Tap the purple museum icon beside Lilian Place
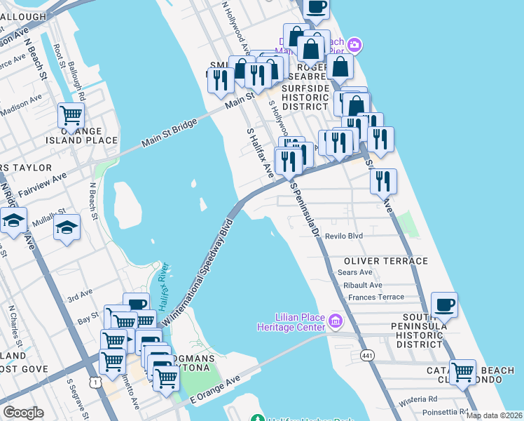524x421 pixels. [x=336, y=321]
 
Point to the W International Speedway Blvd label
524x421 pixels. [x=198, y=274]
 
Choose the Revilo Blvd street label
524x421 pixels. [x=343, y=236]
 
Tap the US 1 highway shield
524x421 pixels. [x=93, y=381]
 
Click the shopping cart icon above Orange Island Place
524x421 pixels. [x=71, y=113]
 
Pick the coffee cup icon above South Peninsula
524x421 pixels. [x=444, y=305]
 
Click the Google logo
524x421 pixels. [x=23, y=413]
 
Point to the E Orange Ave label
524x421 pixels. [x=216, y=389]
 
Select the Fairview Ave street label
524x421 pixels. [x=43, y=185]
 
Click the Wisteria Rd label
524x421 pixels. [x=420, y=402]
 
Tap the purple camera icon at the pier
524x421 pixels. [x=354, y=46]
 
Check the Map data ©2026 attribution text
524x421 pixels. [x=494, y=415]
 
